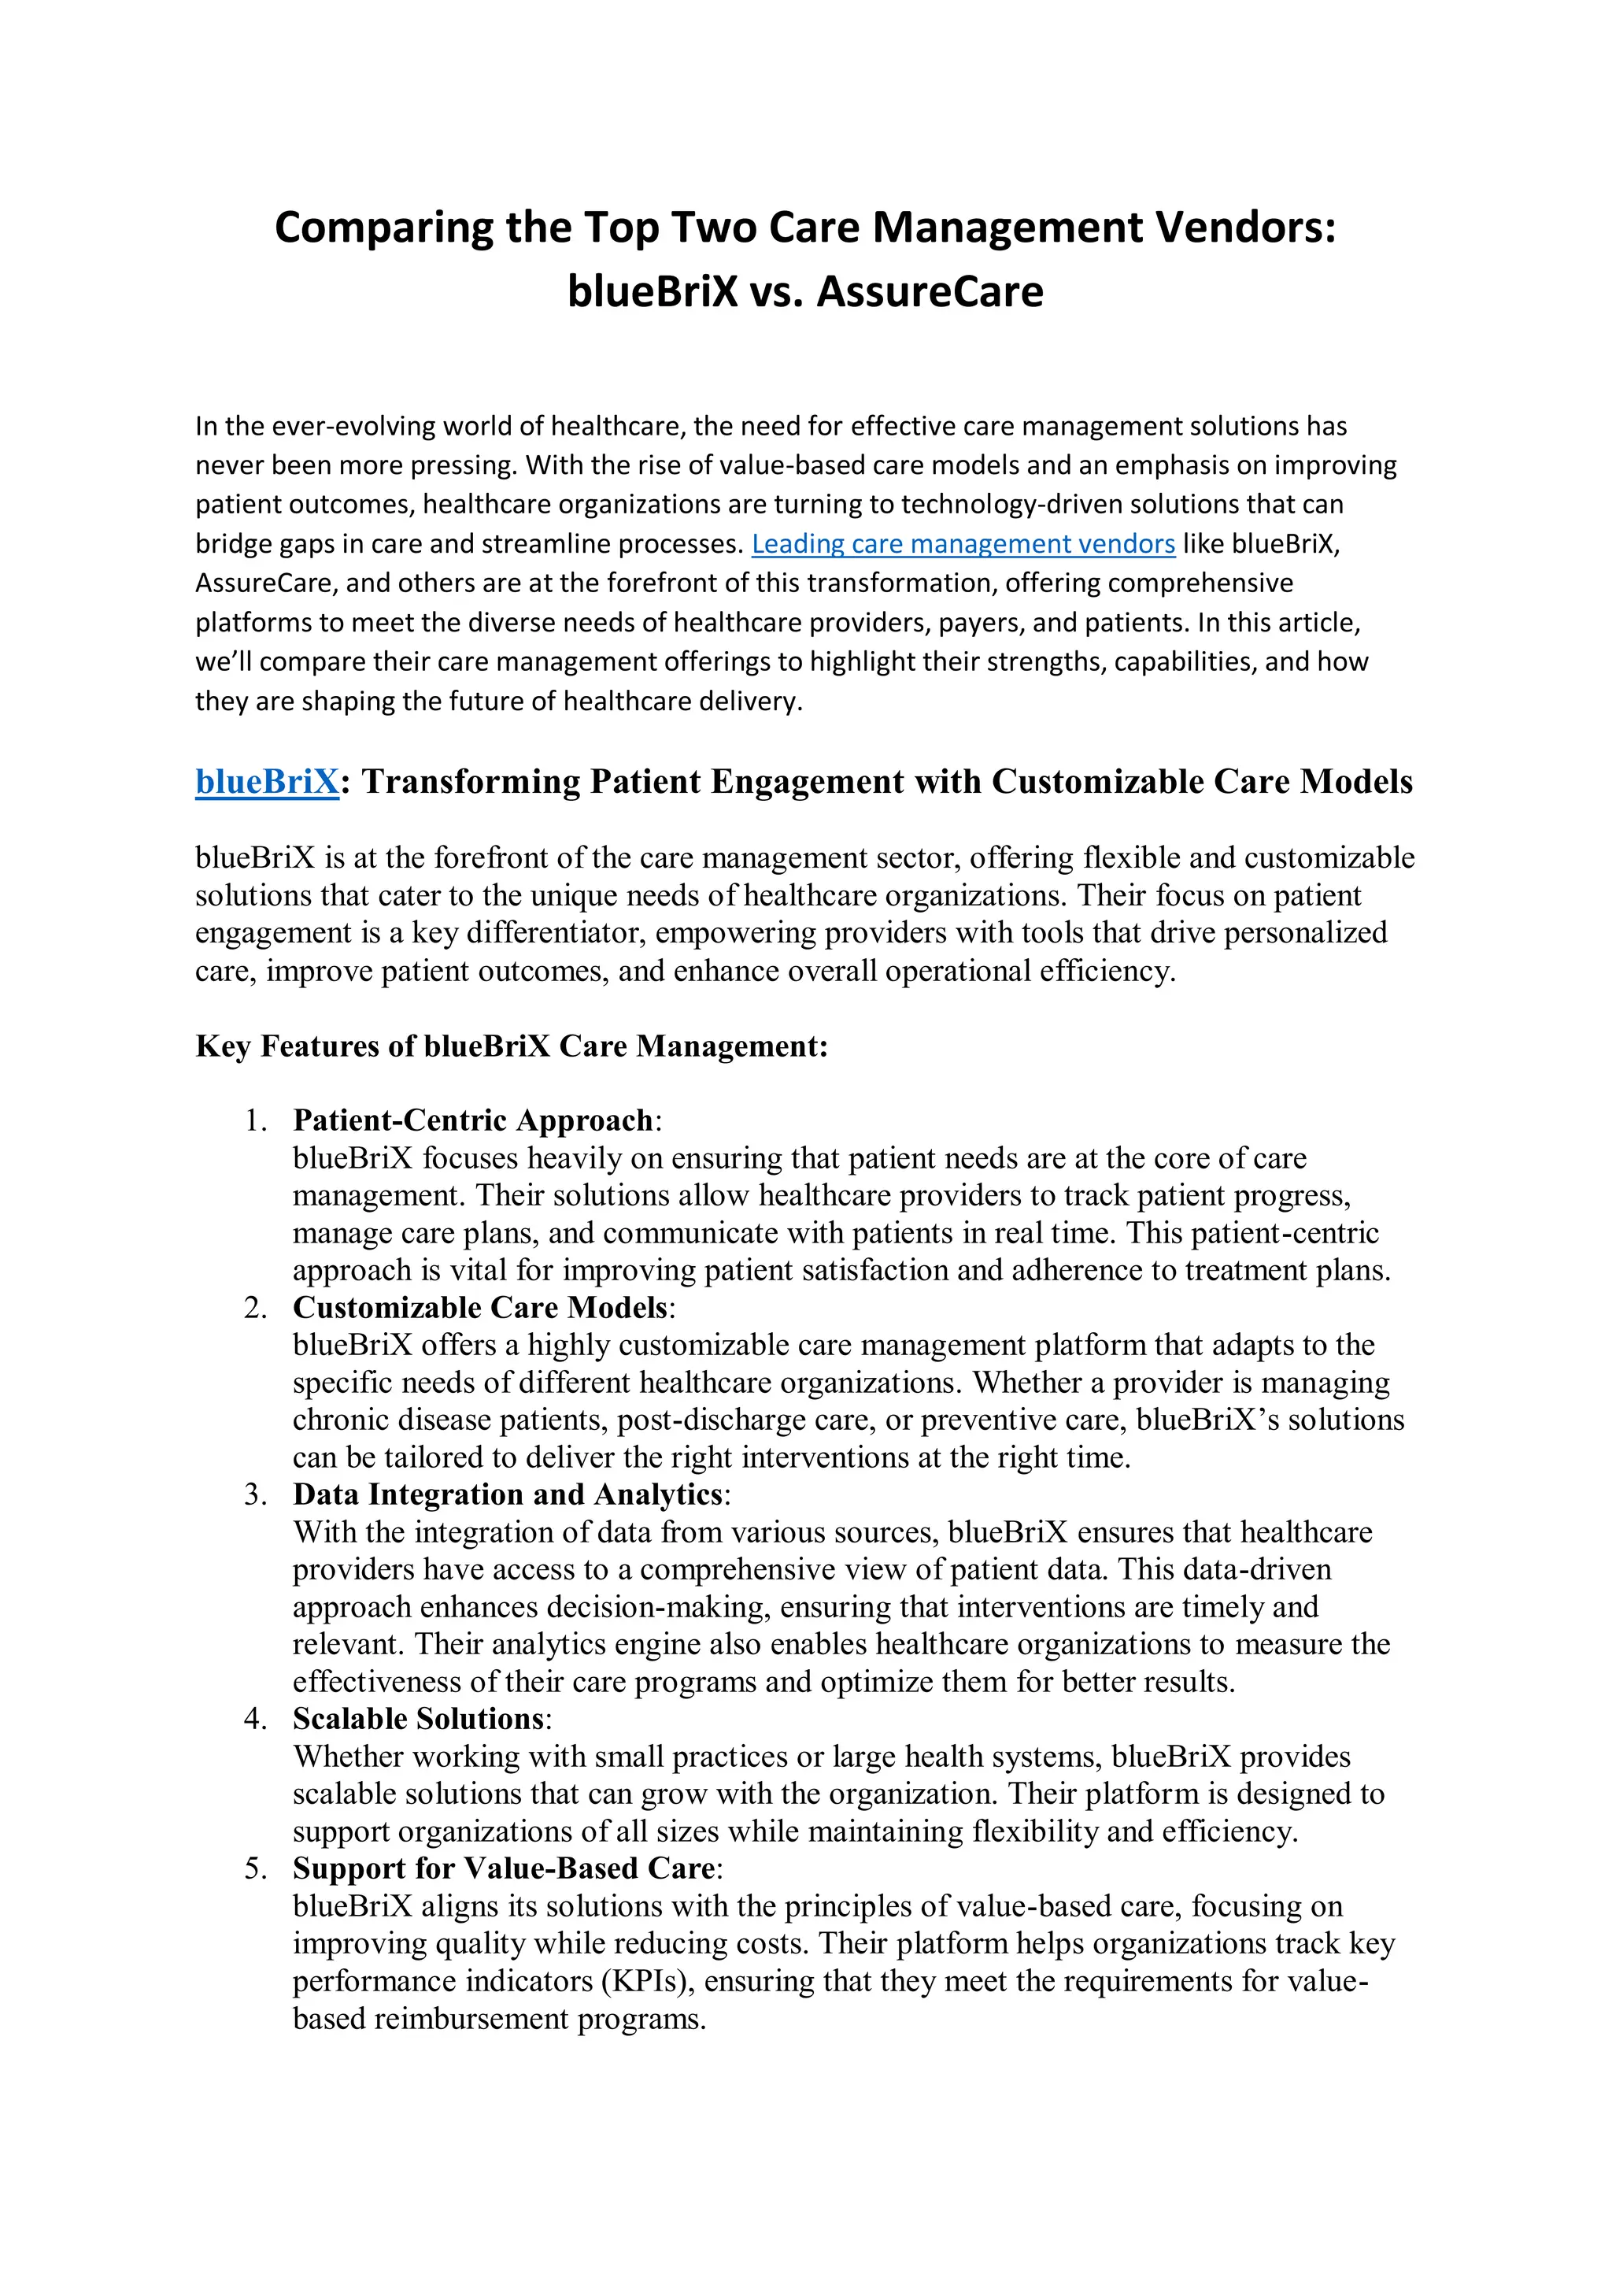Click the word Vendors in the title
1244,228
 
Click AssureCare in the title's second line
930,292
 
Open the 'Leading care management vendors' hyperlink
963,544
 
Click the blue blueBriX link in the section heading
267,782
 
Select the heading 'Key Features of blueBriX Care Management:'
512,1046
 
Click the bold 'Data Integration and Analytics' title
508,1494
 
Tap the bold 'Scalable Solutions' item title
418,1720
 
